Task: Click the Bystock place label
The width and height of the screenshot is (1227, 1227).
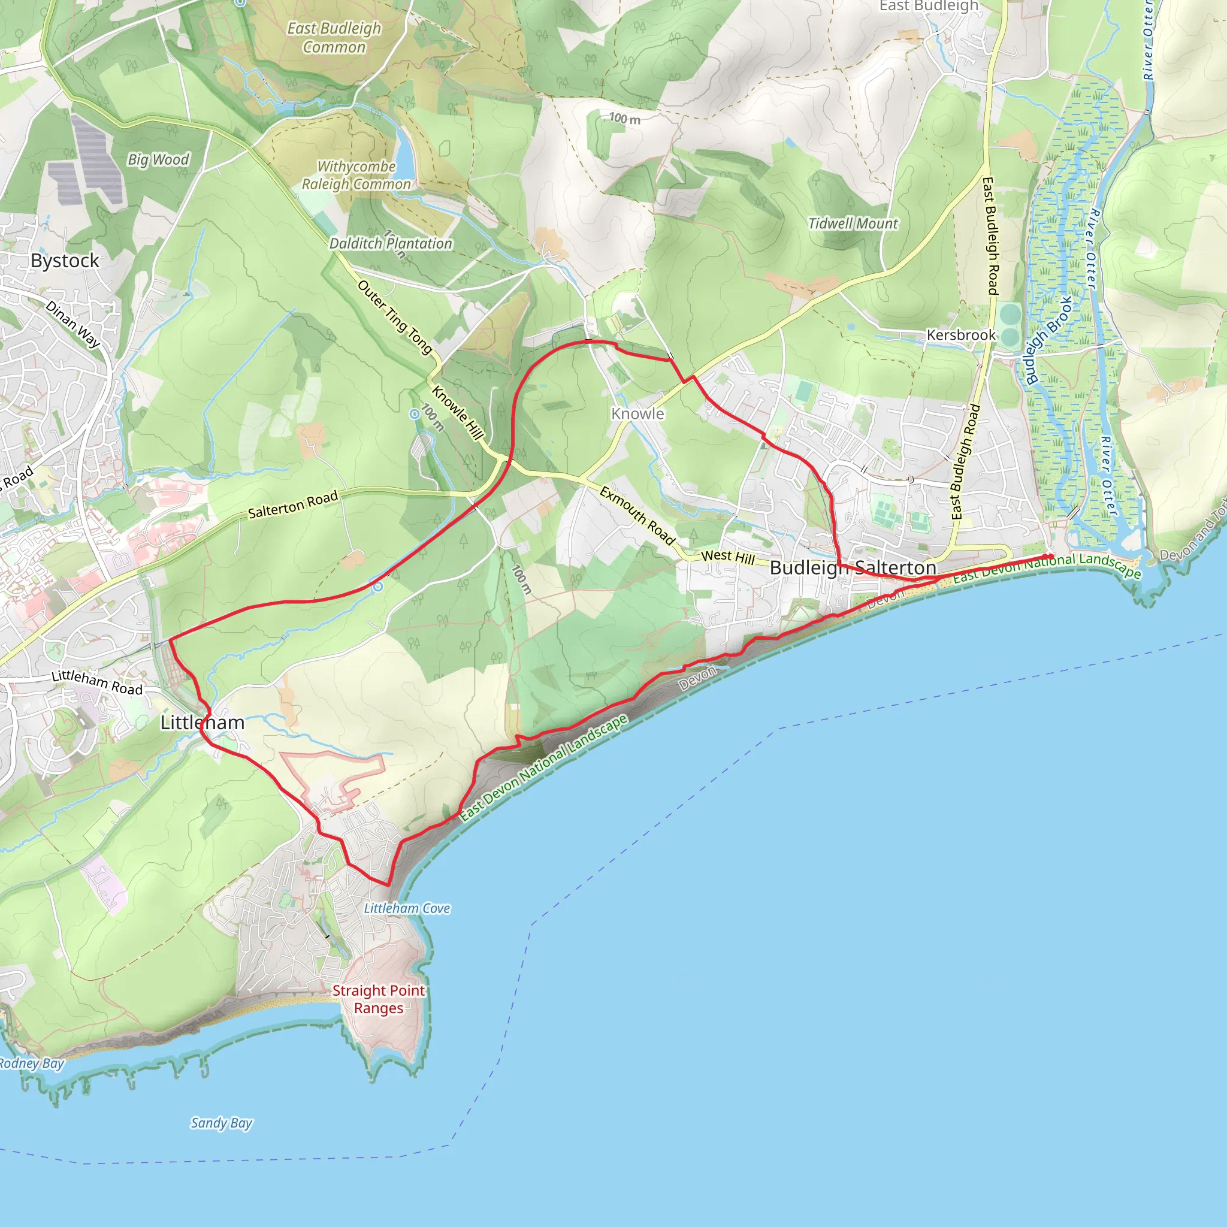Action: tap(65, 261)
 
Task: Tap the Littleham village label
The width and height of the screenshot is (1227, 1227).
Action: tap(202, 723)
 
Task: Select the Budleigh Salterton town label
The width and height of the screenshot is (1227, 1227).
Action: tap(853, 568)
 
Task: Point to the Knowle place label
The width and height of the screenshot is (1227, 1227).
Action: tap(637, 414)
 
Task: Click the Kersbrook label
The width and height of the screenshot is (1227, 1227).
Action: tap(961, 336)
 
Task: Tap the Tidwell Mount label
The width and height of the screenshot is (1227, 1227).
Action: tap(853, 223)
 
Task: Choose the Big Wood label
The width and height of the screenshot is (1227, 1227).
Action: tap(158, 159)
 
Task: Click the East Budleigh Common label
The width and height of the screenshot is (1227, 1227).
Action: tap(334, 38)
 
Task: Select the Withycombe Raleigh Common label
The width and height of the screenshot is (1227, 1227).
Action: tap(356, 176)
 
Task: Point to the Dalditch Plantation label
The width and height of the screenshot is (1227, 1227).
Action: tap(391, 244)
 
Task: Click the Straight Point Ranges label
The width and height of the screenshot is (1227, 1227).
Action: tap(379, 999)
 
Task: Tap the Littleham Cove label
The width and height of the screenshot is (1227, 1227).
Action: tap(407, 909)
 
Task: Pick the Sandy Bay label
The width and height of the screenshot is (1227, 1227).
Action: tap(222, 1123)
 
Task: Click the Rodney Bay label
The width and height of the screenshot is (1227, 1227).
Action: tap(32, 1064)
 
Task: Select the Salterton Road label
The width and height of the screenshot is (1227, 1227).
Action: tap(293, 504)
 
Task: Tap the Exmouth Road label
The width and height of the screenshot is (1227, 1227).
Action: tap(637, 516)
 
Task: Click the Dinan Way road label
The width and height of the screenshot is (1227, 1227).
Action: tap(73, 324)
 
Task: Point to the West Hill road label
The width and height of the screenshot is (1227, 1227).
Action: tap(728, 557)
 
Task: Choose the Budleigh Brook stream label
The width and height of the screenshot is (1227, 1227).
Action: tap(1048, 340)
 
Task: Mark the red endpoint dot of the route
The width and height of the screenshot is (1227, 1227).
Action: tap(1048, 557)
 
